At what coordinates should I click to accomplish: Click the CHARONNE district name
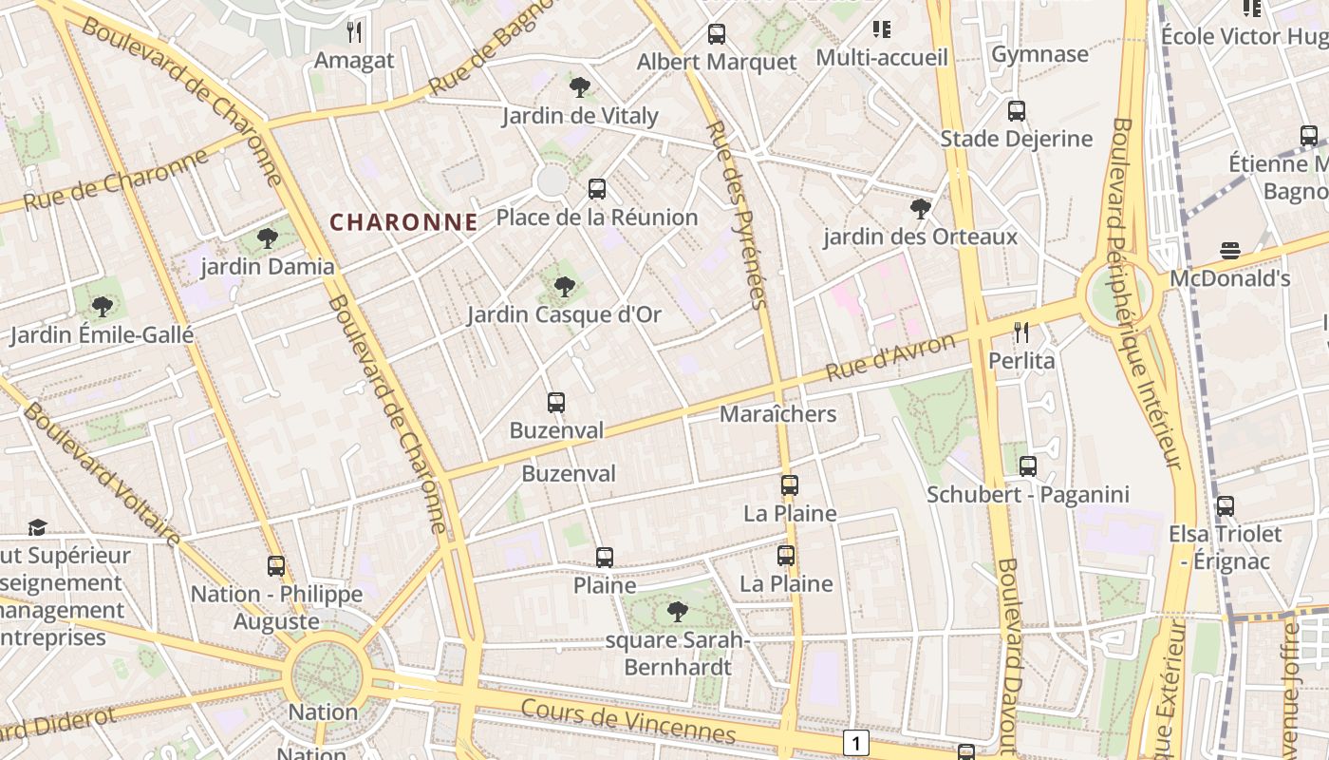403,222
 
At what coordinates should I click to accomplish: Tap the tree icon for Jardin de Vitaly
579,87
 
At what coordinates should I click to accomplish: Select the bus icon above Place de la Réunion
596,188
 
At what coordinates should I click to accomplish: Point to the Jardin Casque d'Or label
564,314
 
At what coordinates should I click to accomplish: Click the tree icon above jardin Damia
268,237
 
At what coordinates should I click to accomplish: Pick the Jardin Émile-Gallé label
102,334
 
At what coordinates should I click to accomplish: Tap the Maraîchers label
777,414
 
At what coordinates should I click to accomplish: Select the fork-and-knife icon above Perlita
1021,332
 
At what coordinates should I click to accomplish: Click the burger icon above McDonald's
1230,251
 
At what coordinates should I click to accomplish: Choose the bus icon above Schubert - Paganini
1028,465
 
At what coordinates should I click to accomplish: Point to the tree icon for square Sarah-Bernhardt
677,611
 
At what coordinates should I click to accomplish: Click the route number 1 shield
856,743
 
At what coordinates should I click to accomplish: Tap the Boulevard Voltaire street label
101,475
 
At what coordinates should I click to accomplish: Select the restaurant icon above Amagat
354,32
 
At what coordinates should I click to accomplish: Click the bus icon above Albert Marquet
717,34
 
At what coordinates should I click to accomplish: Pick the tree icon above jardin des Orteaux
919,208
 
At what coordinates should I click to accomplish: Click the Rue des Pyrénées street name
735,215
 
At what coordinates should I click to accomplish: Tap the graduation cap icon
37,527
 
